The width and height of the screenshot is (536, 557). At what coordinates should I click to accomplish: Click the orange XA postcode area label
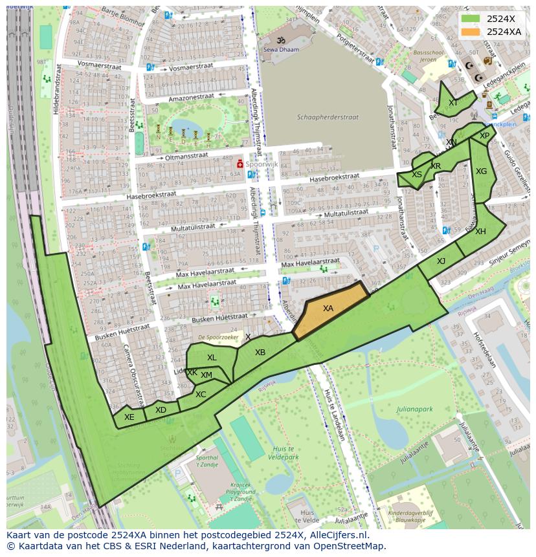coord(328,309)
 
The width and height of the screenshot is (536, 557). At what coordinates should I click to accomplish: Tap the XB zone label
coord(260,353)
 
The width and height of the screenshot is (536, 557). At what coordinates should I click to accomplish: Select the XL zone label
coord(212,358)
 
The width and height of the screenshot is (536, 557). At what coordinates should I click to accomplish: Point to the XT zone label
coord(453,103)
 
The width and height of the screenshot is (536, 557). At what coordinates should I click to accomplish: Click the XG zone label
coord(481,171)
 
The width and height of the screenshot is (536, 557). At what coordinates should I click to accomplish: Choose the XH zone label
coord(480,232)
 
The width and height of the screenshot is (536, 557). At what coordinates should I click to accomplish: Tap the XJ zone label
coord(441,261)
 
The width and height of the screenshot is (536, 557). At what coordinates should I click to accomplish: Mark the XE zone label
coord(129,417)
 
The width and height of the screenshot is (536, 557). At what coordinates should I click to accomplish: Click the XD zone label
coord(161,410)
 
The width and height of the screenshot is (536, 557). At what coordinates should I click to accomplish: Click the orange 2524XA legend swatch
coord(471,32)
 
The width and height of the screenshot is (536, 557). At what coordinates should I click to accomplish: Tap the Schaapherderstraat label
coord(328,118)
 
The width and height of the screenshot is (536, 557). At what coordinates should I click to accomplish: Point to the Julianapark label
coord(414,409)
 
